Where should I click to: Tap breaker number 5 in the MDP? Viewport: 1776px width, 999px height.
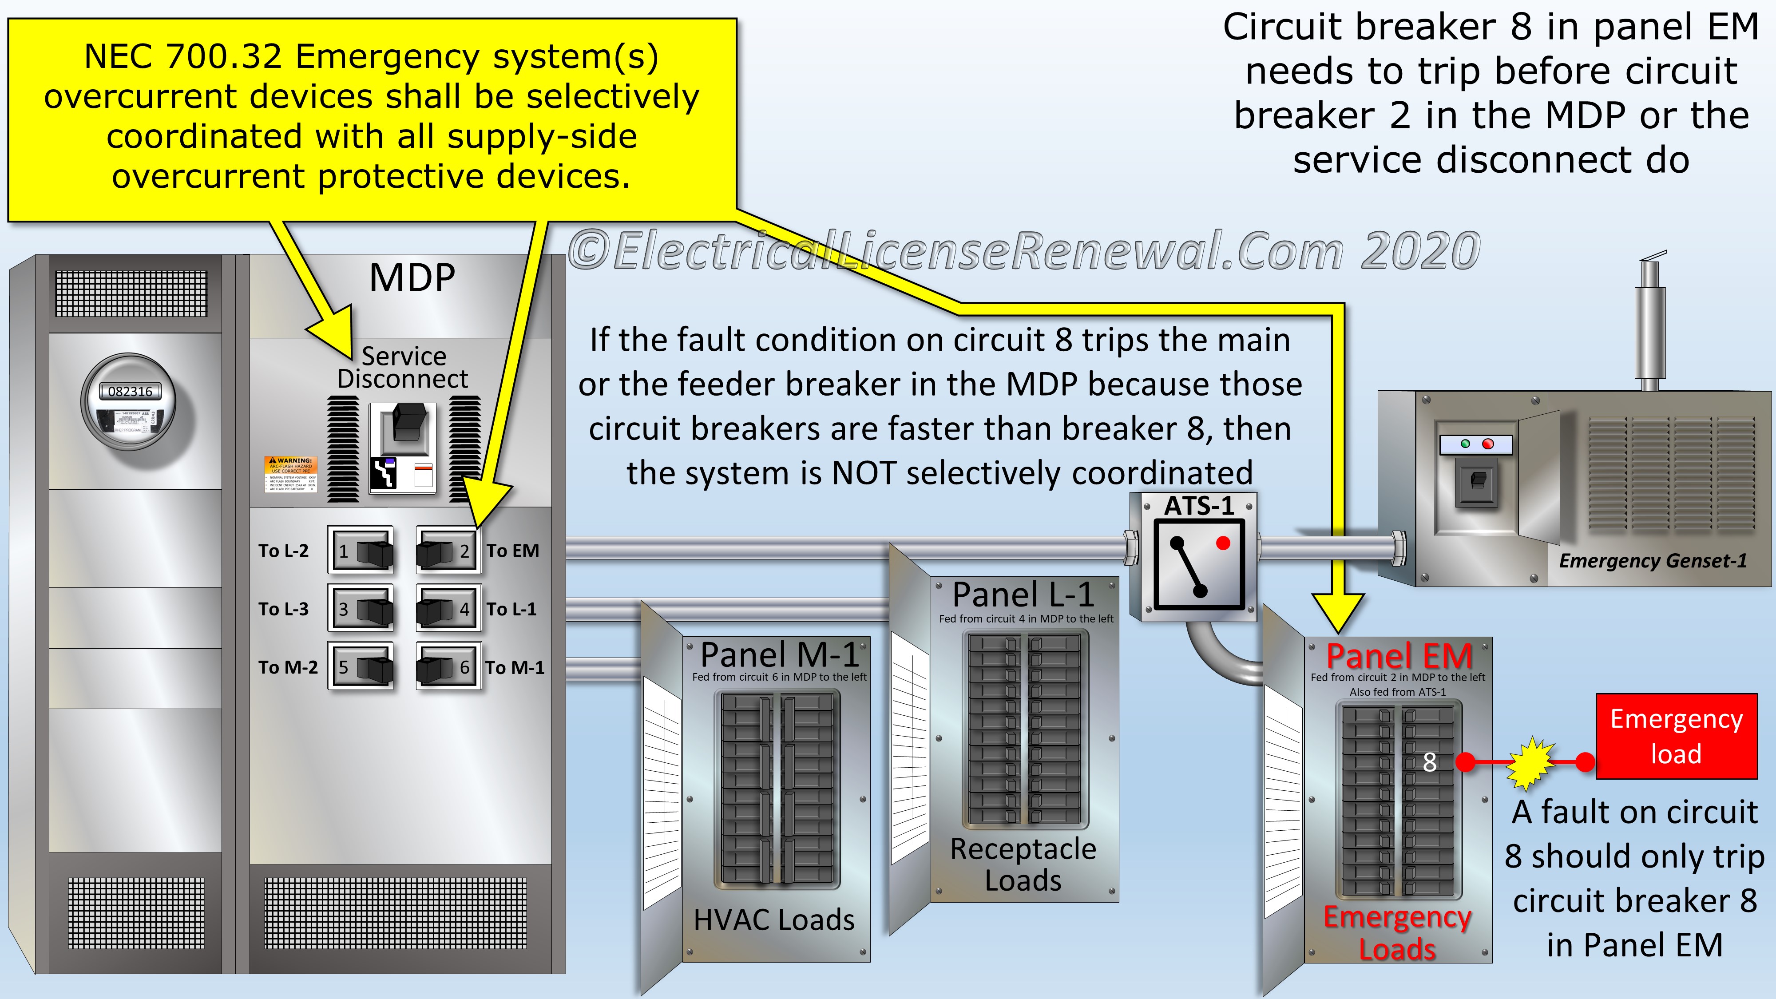(x=361, y=667)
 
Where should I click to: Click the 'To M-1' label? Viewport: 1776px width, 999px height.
(x=514, y=667)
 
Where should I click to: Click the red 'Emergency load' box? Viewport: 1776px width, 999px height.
(x=1676, y=736)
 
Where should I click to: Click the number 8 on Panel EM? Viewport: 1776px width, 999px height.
(x=1429, y=762)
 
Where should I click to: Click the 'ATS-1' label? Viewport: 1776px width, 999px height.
(x=1199, y=506)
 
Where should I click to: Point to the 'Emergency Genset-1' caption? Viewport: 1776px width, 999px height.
(x=1653, y=560)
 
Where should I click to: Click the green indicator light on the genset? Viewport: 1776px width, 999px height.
(x=1465, y=444)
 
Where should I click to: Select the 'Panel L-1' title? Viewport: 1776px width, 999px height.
(x=1023, y=595)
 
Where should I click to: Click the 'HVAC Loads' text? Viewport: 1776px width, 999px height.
(x=773, y=920)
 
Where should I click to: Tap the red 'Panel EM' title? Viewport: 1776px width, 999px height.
(x=1399, y=656)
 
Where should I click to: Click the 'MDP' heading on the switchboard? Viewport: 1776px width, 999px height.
(x=412, y=278)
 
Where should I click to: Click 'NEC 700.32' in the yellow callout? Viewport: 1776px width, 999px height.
(x=182, y=56)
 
